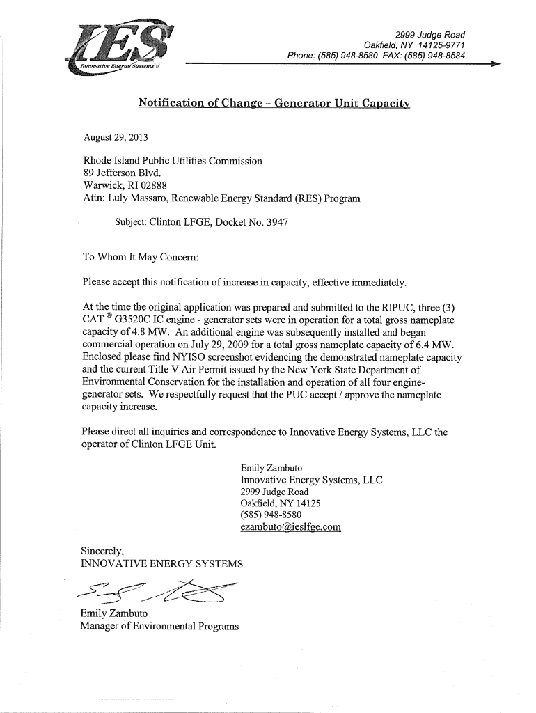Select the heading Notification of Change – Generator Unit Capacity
pos(274,103)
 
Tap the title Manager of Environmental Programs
pos(160,626)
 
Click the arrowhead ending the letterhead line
pos(495,63)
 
